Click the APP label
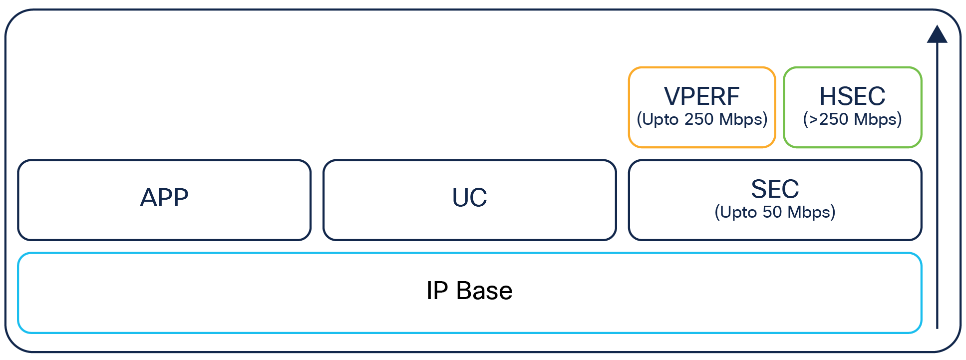(x=164, y=198)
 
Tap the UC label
(x=469, y=198)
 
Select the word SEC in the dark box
(x=775, y=189)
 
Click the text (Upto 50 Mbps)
(x=775, y=212)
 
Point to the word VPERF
(x=701, y=97)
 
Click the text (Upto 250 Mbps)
(x=702, y=119)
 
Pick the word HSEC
(x=852, y=97)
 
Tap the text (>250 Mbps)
(x=852, y=119)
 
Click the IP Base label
(x=469, y=291)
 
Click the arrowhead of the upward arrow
(x=937, y=35)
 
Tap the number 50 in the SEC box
(x=772, y=212)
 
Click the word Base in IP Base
(x=484, y=291)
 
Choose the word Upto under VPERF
(x=660, y=120)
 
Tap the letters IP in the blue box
(x=437, y=291)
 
